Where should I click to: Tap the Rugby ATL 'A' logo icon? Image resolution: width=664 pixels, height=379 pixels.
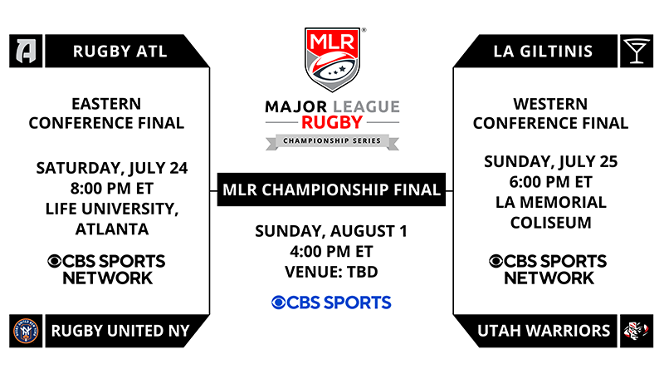coord(26,52)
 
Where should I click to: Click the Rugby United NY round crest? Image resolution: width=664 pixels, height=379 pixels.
coord(26,331)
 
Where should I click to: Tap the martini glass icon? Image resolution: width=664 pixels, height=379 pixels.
coord(637,52)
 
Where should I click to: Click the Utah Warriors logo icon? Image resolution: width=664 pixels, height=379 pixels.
coord(637,331)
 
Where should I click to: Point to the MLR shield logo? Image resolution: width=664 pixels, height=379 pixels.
coord(333,59)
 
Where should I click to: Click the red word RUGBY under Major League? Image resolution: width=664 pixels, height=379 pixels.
coord(332,122)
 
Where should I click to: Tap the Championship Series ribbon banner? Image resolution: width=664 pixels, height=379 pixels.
coord(332,141)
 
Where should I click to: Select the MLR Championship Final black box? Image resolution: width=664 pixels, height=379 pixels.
coord(331,189)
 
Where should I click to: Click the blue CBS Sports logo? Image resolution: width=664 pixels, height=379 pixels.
coord(331,303)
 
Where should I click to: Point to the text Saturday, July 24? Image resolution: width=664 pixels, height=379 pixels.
coord(112,168)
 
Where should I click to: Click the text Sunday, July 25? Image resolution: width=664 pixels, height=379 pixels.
coord(551,161)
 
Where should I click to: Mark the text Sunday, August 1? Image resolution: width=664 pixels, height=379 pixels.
coord(331,231)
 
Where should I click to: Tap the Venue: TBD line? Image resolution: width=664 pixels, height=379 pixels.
coord(331,272)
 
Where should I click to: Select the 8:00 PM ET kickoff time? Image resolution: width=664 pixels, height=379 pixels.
coord(112,188)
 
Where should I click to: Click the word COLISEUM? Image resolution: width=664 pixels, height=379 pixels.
coord(551,223)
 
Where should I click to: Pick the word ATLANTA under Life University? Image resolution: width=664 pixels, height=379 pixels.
coord(112,229)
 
